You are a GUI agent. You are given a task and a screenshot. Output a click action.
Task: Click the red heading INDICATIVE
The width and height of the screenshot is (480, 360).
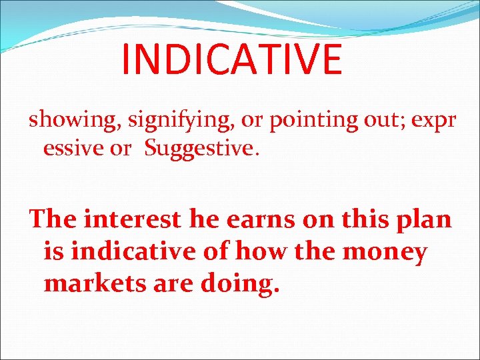click(231, 59)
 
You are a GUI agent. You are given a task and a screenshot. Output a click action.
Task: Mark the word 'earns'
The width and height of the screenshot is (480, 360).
click(255, 219)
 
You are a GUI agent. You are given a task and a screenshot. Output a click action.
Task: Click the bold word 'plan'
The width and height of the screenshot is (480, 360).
click(424, 219)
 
